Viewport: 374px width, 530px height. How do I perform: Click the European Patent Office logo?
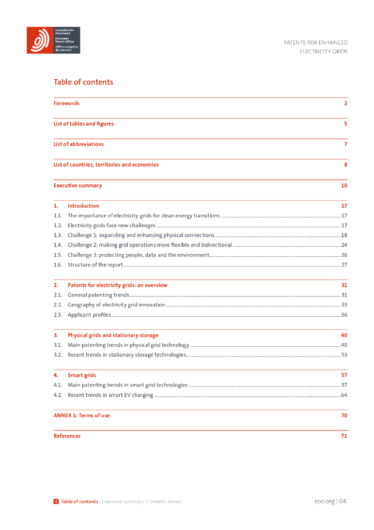[54, 40]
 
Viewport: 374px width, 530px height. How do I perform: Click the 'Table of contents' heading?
[83, 82]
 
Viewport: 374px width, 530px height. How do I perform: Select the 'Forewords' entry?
[67, 104]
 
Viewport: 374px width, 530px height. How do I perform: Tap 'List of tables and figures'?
[84, 124]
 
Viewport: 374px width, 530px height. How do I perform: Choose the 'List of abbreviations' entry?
[79, 144]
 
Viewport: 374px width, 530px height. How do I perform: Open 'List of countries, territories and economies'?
[106, 165]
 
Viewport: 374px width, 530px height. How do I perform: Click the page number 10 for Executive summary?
[344, 185]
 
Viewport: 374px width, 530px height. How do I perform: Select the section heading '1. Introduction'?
[83, 206]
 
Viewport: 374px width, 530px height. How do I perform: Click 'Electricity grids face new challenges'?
[112, 226]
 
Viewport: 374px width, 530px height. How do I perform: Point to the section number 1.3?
[58, 235]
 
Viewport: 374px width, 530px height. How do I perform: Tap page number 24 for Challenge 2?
[344, 245]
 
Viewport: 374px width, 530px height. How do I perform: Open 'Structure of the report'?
[95, 265]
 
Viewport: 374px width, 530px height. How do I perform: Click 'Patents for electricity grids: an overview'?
[117, 285]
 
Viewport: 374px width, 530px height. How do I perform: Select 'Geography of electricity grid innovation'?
[116, 305]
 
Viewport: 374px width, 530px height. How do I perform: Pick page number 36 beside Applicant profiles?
[344, 315]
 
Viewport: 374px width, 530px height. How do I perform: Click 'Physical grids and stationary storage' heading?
[113, 335]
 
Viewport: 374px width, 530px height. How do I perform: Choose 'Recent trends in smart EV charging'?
[110, 395]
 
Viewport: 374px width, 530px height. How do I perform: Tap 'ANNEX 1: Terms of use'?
[82, 416]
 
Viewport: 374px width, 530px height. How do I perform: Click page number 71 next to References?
[344, 436]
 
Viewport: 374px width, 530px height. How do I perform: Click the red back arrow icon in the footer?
[56, 502]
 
